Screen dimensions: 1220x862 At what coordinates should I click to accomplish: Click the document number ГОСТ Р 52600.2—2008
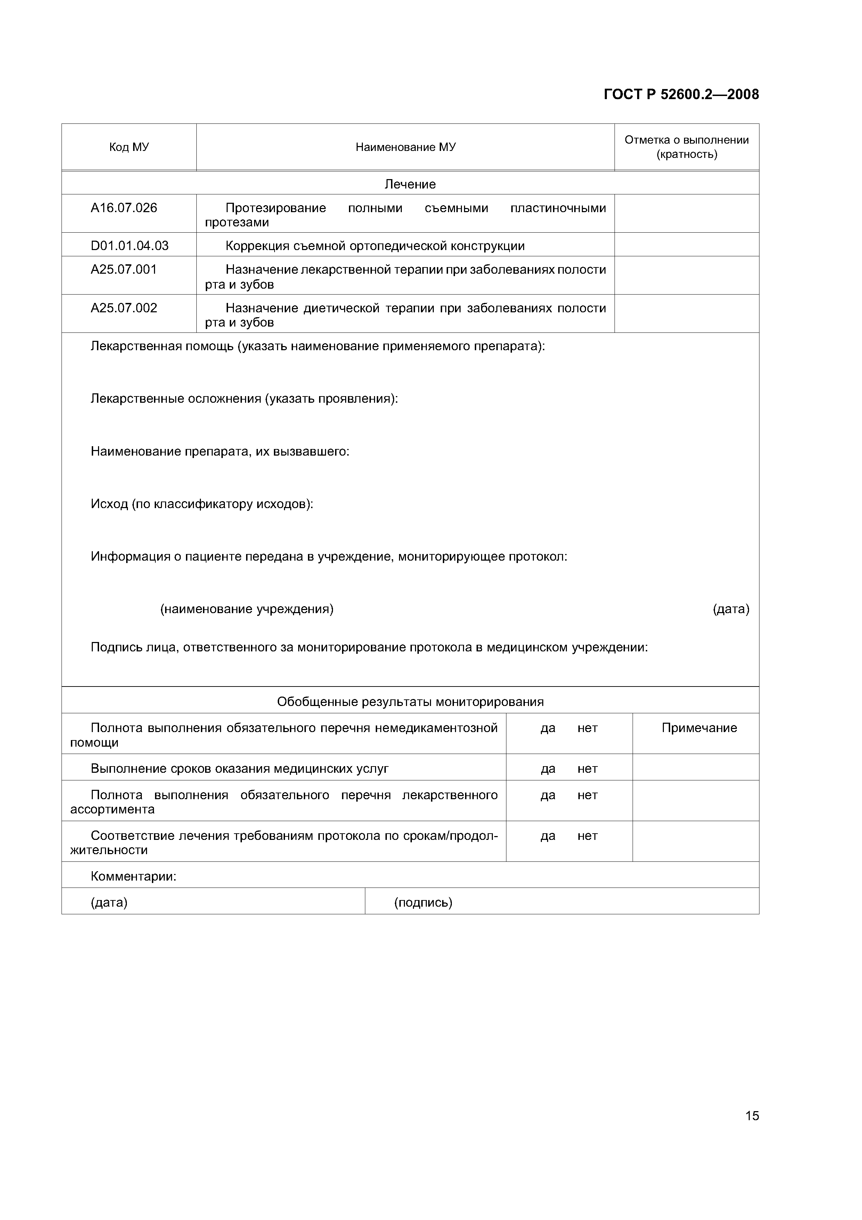point(681,95)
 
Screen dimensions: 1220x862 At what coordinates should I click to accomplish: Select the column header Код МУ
point(129,147)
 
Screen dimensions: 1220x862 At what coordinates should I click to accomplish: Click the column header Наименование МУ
point(405,147)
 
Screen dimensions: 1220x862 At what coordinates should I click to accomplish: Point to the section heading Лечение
point(410,184)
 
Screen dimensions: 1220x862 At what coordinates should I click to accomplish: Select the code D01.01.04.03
point(130,246)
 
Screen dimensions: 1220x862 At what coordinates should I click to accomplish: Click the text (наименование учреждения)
point(247,609)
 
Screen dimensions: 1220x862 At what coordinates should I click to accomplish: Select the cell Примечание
point(699,728)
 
